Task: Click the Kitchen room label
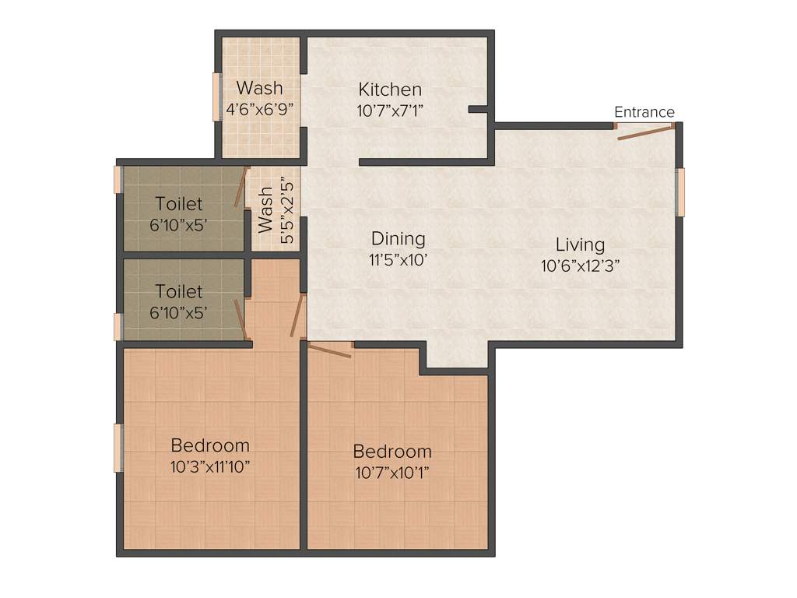click(390, 90)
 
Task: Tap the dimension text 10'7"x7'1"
click(390, 111)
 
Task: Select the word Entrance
click(644, 112)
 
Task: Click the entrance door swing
click(644, 133)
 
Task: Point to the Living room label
click(580, 244)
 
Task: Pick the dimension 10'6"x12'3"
click(580, 266)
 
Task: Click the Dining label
click(398, 238)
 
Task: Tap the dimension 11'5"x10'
click(398, 259)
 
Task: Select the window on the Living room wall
click(679, 192)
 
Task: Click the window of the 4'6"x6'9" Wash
click(217, 97)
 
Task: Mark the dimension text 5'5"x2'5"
click(287, 210)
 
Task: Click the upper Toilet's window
click(118, 179)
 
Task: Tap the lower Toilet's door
click(243, 319)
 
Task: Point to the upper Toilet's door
click(241, 187)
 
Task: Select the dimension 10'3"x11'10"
click(210, 466)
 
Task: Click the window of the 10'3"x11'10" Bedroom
click(118, 447)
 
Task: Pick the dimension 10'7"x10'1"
click(392, 472)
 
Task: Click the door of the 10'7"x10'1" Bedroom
click(330, 350)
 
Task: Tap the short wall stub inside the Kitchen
click(479, 110)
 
